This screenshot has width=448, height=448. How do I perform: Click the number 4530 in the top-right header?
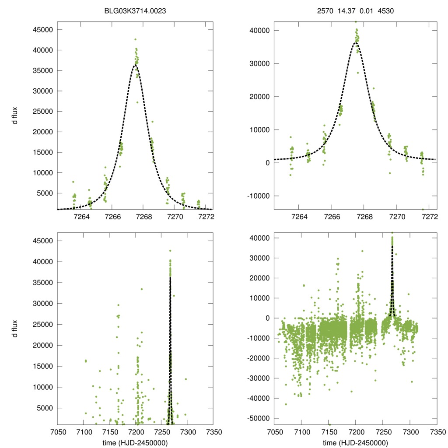386,10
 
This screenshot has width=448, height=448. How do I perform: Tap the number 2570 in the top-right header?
325,10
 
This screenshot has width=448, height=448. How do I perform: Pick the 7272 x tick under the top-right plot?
430,217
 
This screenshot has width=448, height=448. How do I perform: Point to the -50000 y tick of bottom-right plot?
258,418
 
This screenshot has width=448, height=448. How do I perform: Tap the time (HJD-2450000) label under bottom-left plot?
135,442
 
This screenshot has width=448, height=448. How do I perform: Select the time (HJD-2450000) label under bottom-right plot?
355,442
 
